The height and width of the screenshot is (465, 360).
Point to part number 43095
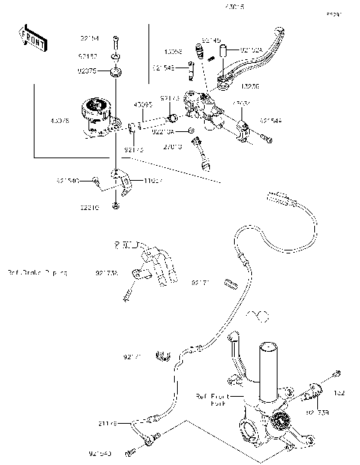pos(143,104)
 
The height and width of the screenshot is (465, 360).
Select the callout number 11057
pos(154,181)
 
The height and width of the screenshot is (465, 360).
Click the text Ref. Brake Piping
pos(36,273)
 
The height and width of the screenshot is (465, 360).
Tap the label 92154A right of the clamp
pos(271,120)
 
